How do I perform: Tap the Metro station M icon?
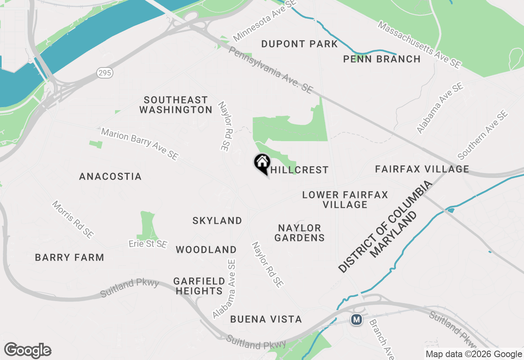tap(357, 319)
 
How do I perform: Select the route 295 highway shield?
tap(105, 73)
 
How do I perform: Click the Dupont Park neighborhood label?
tap(299, 44)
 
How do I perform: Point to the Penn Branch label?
tap(382, 59)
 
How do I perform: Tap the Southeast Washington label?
tap(176, 105)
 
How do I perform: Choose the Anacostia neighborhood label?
tap(110, 176)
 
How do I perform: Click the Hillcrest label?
tap(299, 170)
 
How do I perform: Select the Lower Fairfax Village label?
tap(345, 200)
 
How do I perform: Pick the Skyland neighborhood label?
tap(217, 220)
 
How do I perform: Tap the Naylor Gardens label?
tap(299, 232)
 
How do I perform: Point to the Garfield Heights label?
tap(199, 286)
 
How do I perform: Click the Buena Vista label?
tap(266, 319)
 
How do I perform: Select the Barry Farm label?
tap(69, 257)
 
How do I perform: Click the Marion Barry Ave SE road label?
tap(140, 144)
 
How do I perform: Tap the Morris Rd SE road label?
tap(73, 219)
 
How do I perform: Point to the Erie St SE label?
tap(148, 244)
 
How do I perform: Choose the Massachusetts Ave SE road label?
tap(419, 45)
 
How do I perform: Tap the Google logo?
tap(27, 351)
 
